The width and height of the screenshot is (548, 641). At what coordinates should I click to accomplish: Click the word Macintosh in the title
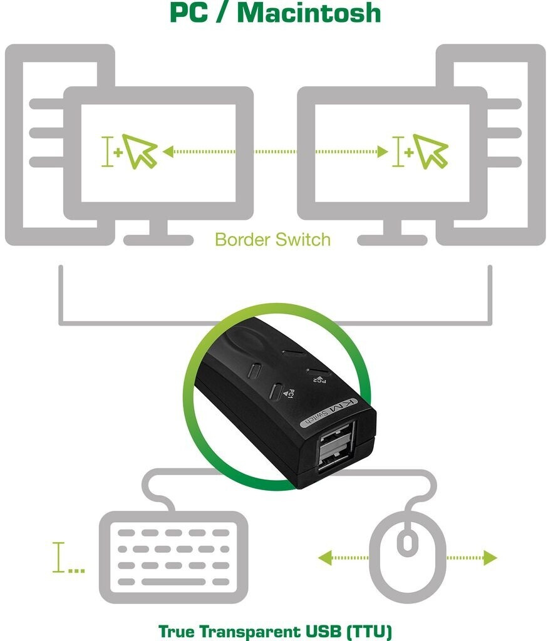310,13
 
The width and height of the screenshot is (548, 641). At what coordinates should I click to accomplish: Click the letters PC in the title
190,13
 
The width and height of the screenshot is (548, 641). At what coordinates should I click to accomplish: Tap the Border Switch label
272,239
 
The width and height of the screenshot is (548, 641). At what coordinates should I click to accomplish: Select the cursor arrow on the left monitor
140,151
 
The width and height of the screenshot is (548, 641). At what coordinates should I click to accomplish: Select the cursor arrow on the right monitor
430,151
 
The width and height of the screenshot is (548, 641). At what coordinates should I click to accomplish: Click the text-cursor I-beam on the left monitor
109,151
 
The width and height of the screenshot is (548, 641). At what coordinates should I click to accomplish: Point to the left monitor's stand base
158,240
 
